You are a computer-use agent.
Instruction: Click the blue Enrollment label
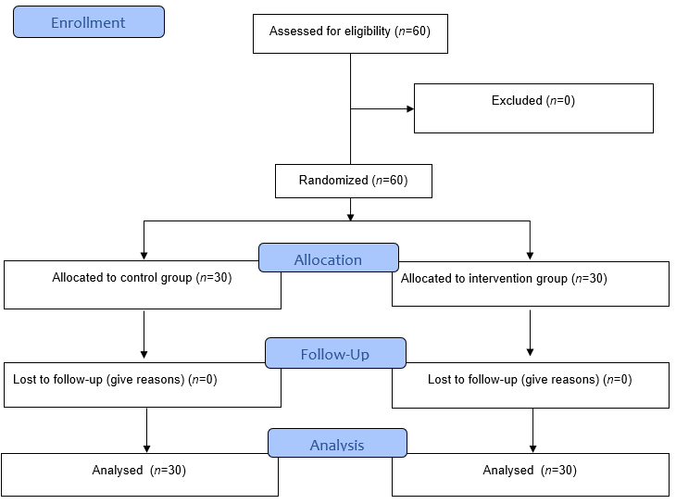point(89,22)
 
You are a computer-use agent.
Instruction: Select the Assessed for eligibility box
point(350,33)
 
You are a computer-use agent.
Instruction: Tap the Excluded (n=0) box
point(533,108)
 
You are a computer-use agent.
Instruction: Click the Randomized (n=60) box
point(354,181)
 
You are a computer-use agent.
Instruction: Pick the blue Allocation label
point(328,258)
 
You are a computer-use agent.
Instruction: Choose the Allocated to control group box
point(143,285)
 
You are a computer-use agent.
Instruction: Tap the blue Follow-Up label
point(335,354)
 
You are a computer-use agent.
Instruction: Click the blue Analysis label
point(337,444)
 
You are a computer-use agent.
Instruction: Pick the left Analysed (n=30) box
point(139,474)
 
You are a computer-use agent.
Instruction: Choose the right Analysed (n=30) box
point(530,474)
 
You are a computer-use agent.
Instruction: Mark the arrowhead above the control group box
point(144,255)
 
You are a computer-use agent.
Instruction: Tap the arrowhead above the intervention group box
point(530,255)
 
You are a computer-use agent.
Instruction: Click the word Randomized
point(333,181)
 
